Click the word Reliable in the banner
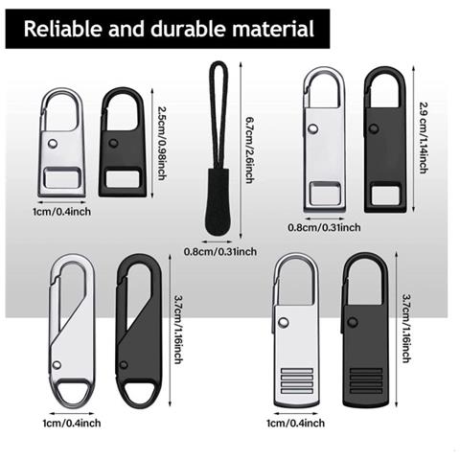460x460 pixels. (63, 29)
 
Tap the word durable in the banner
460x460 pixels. (189, 29)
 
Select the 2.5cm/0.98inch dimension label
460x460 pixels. (161, 143)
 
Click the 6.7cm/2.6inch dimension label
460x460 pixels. (250, 150)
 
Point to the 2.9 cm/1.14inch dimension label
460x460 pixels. (424, 138)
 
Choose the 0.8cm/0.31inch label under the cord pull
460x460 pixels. (220, 252)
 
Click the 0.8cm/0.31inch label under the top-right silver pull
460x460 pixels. (324, 227)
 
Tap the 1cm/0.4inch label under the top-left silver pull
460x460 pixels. (61, 212)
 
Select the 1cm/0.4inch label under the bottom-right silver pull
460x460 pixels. (296, 424)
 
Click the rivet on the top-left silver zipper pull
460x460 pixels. (53, 144)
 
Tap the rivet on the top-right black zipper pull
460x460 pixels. (374, 129)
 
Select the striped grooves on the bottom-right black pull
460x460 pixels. (366, 380)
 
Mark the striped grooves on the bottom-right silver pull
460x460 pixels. (297, 380)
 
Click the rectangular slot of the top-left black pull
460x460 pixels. (123, 179)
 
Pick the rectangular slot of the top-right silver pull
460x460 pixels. (324, 195)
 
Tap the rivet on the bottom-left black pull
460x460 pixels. (124, 365)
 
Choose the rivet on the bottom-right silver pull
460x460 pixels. (283, 323)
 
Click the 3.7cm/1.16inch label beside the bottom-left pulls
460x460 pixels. (178, 330)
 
